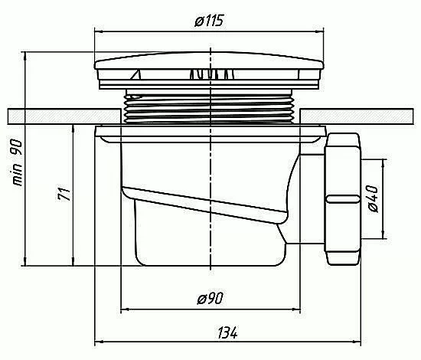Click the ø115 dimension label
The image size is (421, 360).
(x=209, y=21)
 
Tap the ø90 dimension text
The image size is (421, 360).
(x=210, y=298)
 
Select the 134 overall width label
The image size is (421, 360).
(x=227, y=333)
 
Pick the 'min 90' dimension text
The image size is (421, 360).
(x=17, y=162)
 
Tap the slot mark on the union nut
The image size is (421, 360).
(x=343, y=199)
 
